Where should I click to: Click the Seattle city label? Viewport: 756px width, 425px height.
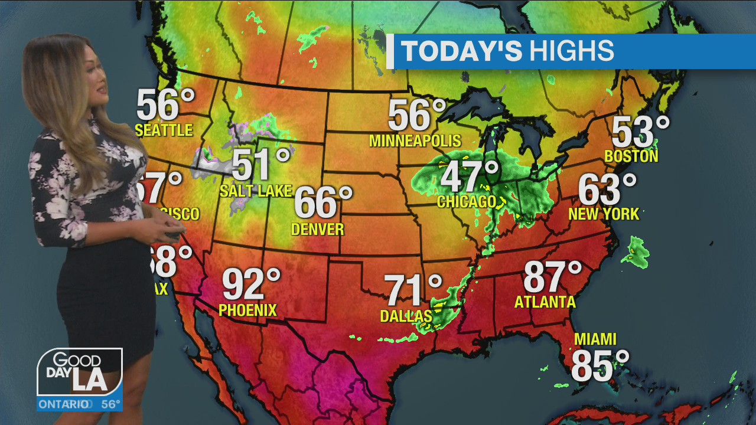(x=164, y=130)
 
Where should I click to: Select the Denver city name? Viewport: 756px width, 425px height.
(x=318, y=229)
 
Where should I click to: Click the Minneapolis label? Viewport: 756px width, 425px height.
(x=415, y=140)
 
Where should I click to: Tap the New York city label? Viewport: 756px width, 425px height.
(x=604, y=214)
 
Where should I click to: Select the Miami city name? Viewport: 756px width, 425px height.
(x=595, y=339)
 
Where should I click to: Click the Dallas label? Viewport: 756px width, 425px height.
(x=406, y=316)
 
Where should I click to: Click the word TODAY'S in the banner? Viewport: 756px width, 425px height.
(x=461, y=51)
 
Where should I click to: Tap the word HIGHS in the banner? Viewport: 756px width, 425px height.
(x=571, y=51)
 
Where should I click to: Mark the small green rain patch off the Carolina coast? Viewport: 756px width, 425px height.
(x=636, y=251)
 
